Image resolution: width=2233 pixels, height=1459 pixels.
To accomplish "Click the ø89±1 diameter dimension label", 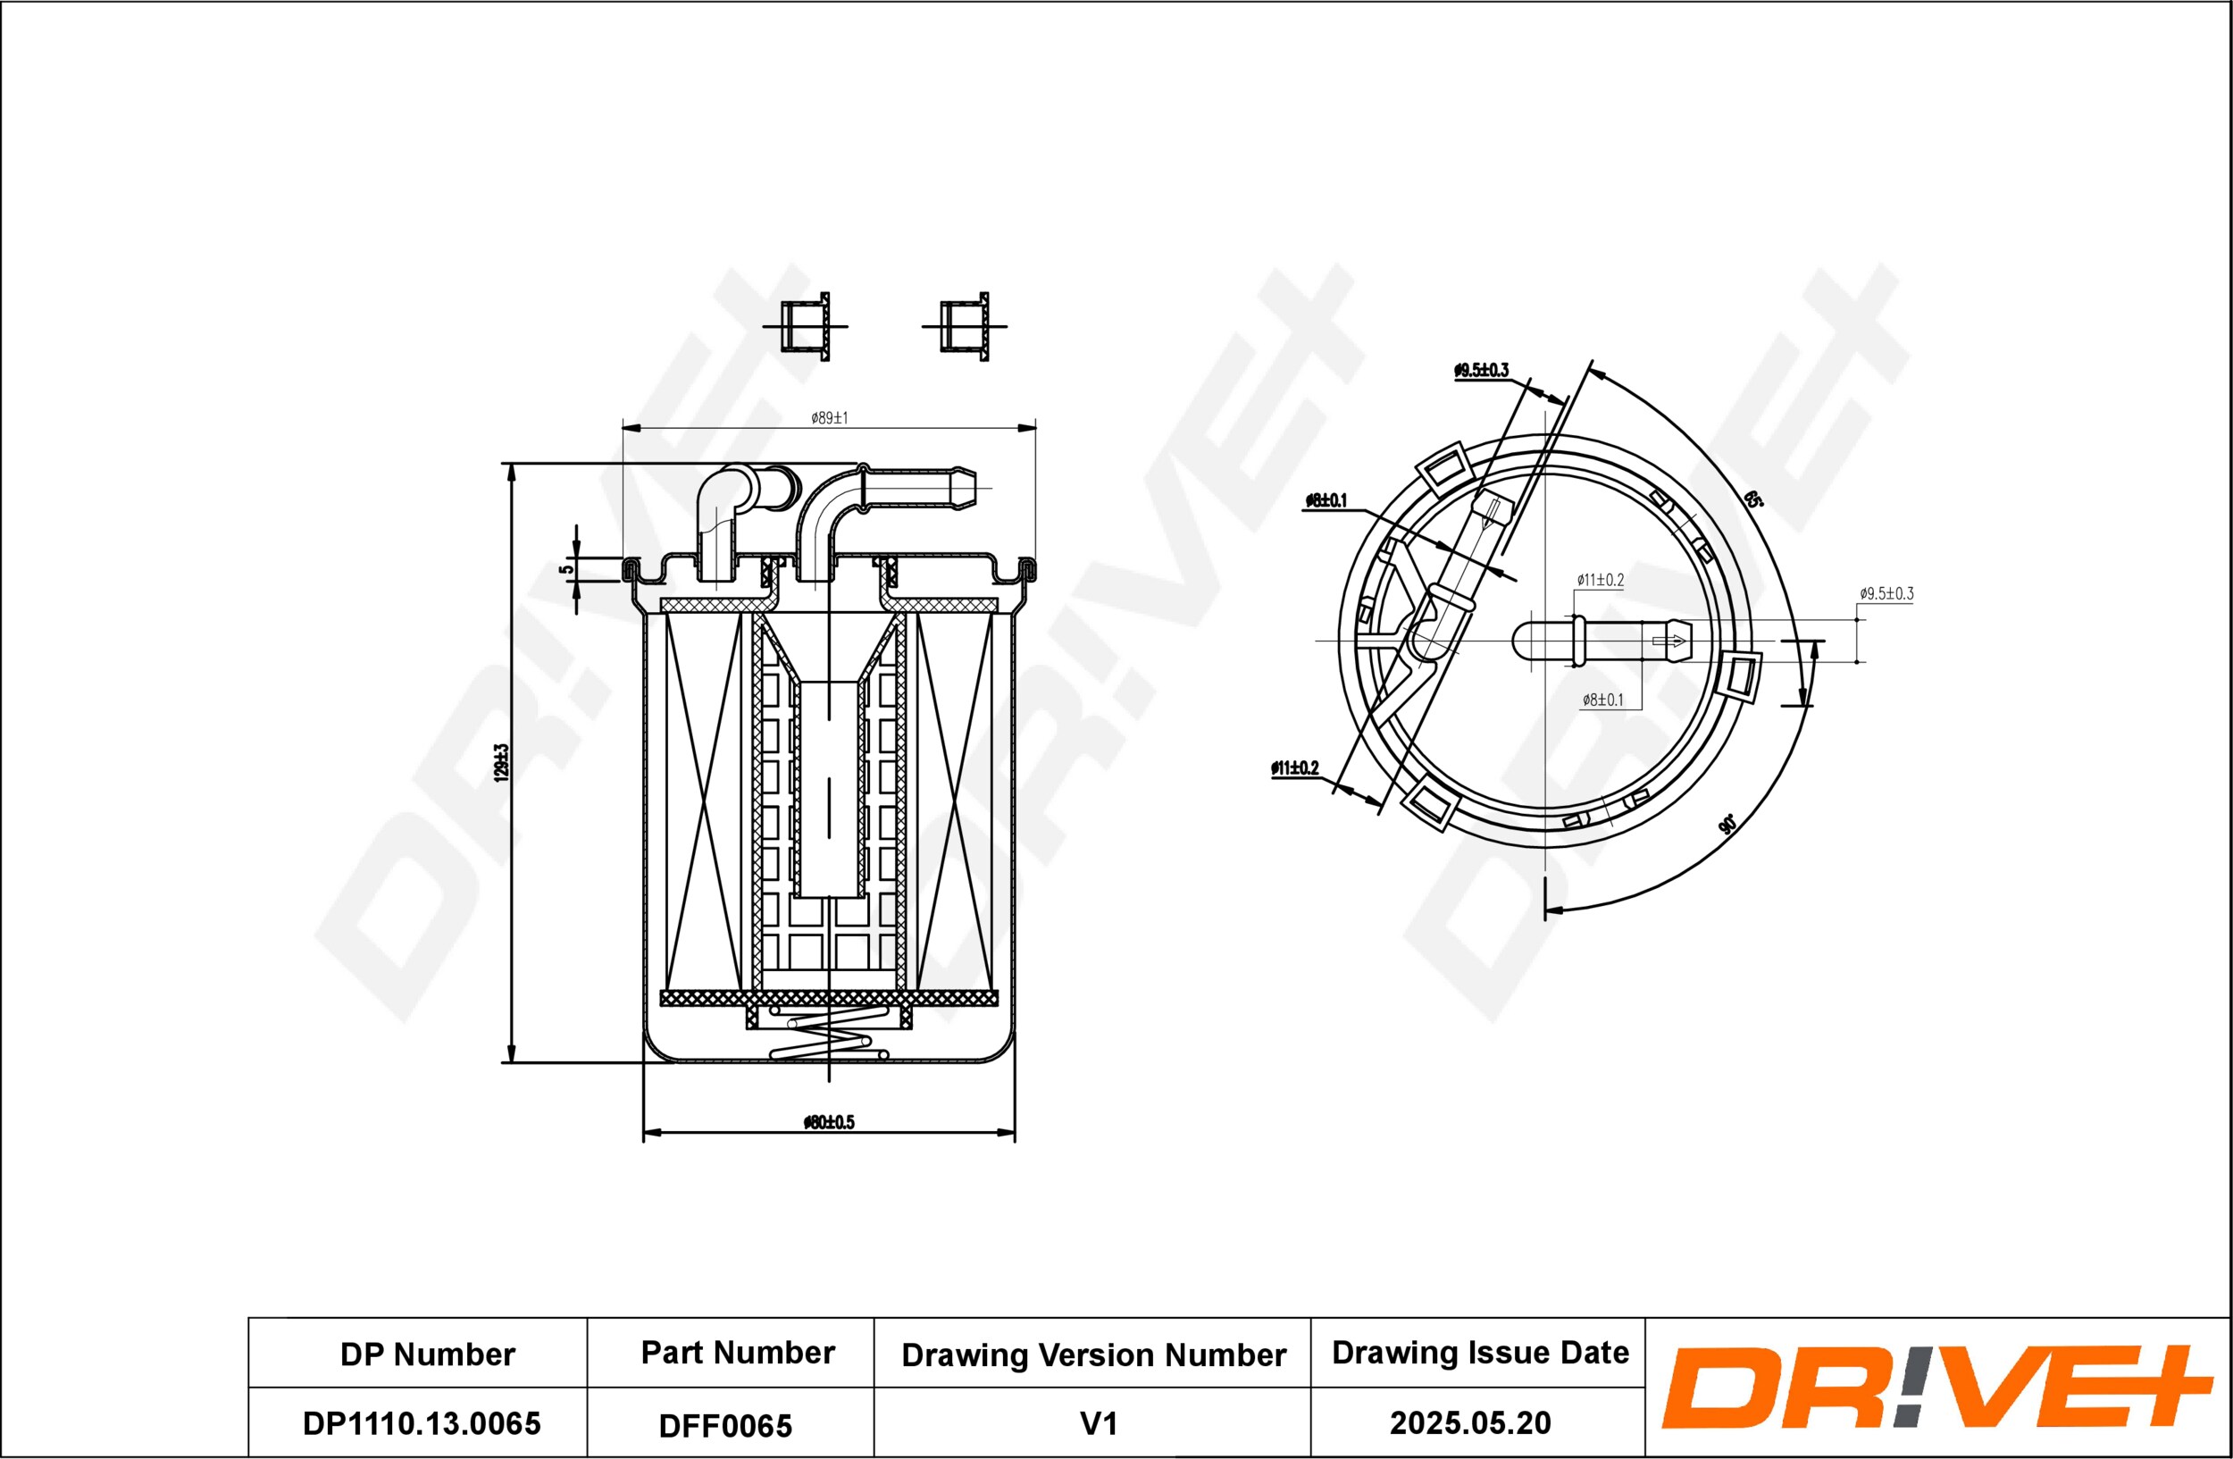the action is (830, 417).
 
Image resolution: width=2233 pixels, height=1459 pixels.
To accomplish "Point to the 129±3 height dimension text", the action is (501, 763).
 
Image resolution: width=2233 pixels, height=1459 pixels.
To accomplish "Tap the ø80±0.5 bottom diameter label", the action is (830, 1122).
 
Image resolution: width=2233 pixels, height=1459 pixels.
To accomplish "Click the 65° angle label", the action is (1752, 499).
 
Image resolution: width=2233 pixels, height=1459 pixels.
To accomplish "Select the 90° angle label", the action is (1727, 825).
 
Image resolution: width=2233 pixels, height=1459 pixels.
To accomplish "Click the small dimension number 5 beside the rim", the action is (565, 568).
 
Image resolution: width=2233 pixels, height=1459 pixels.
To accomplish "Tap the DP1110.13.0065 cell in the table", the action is (422, 1423).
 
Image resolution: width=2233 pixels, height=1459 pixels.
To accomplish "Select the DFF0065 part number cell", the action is (725, 1426).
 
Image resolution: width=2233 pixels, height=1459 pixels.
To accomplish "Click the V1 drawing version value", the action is (1098, 1424).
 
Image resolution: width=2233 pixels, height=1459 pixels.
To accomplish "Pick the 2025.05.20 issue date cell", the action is (1470, 1423).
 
